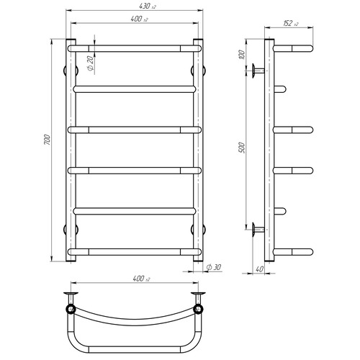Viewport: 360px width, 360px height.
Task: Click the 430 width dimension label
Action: coord(147,6)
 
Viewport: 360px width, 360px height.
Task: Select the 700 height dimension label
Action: coord(48,140)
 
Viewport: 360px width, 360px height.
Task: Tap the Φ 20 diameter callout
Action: coord(90,63)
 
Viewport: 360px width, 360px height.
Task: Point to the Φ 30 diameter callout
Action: coord(214,267)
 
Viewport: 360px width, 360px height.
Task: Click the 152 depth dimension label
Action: coord(291,23)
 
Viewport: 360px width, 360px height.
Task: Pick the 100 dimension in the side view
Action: coord(242,55)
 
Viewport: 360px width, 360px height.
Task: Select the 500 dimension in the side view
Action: coord(242,148)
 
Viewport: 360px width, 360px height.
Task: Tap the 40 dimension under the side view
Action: coord(260,269)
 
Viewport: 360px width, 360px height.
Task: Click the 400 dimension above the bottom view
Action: coord(141,279)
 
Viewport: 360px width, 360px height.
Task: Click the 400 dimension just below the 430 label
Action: coord(139,19)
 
